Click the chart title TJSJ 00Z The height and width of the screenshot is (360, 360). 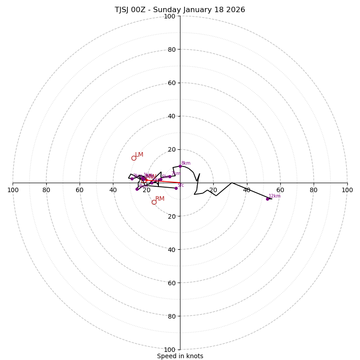pos(180,10)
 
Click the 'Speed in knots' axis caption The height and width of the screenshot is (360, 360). pos(180,356)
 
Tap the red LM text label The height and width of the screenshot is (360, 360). pos(139,155)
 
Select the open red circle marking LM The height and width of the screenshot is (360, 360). pos(134,158)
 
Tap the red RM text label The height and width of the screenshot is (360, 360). pos(160,199)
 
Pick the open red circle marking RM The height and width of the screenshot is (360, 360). pos(154,202)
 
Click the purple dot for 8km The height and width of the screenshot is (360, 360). pos(180,166)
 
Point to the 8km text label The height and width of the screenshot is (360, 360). pos(185,163)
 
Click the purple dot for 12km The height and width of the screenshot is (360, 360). pos(267,199)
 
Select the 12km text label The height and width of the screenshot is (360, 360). pos(274,196)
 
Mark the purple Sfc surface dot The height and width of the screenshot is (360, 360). pos(176,188)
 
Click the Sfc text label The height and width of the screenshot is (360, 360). pos(180,185)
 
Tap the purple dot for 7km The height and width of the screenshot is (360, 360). pos(170,176)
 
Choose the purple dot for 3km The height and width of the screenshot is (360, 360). pos(132,179)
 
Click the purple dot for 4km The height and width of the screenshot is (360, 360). pos(137,189)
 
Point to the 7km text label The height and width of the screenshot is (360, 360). pos(175,174)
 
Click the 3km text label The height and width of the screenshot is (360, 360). pos(137,176)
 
